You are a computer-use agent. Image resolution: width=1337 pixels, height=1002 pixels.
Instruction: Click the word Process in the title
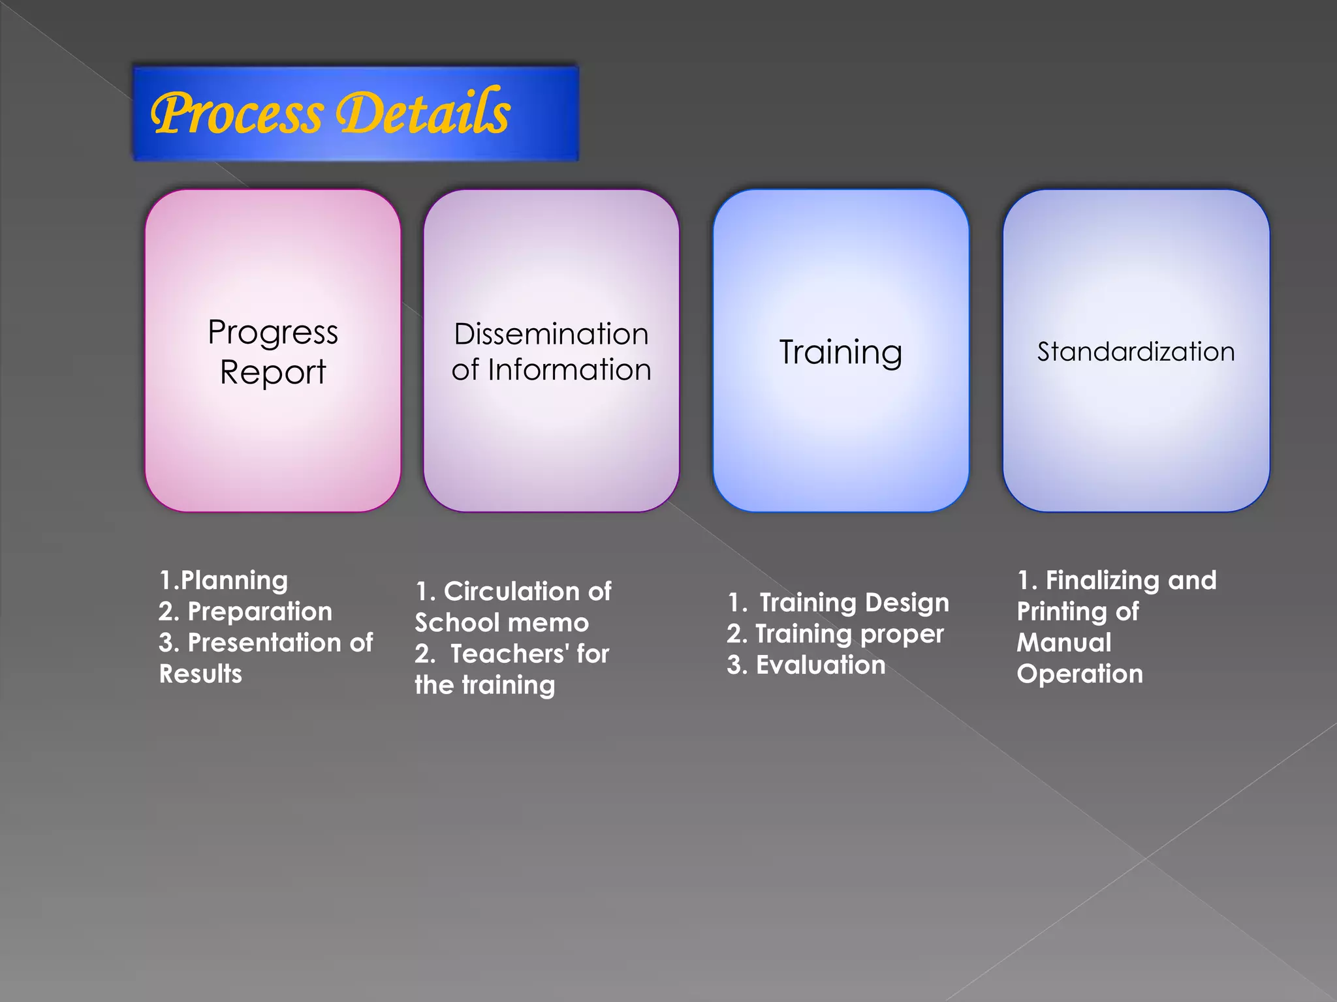(236, 114)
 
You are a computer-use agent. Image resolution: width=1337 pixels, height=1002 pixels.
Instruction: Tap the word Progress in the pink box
(273, 333)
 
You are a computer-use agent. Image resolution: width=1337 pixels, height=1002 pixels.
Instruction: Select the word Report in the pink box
(273, 372)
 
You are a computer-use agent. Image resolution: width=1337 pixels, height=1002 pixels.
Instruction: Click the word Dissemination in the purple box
(551, 334)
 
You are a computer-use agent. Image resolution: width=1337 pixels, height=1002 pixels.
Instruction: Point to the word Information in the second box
(569, 370)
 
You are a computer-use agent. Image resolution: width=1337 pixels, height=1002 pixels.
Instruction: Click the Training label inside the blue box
(840, 352)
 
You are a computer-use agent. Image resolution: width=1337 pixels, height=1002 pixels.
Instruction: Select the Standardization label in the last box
(1136, 352)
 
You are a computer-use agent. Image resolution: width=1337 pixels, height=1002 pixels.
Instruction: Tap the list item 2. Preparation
(245, 612)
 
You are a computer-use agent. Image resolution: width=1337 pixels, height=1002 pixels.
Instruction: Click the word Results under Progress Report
(200, 674)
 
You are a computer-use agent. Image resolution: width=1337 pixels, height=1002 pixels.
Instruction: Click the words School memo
(501, 623)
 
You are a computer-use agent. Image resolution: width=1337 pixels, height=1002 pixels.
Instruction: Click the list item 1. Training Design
(838, 603)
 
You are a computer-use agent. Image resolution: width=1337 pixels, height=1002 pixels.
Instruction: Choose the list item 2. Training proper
(836, 634)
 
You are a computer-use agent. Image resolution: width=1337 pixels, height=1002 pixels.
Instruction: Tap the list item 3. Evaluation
(806, 665)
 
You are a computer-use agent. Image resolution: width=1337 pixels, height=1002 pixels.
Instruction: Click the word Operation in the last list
(1080, 674)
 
